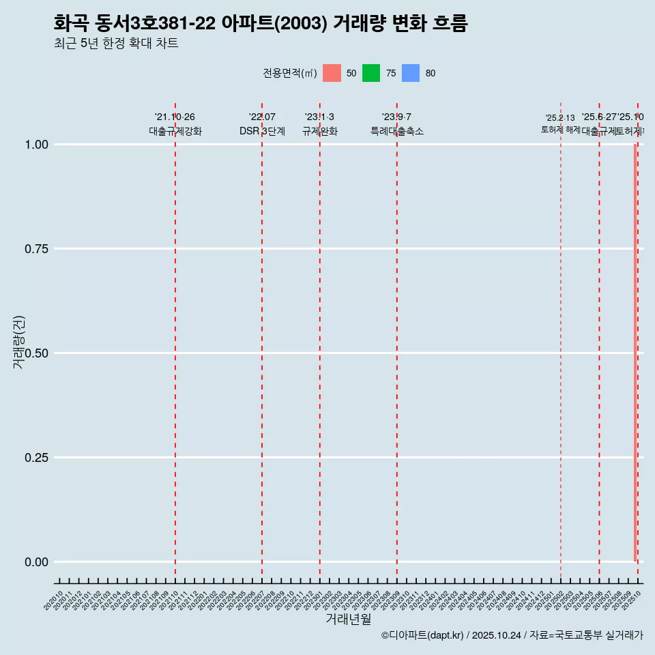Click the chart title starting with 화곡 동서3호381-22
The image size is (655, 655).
260,24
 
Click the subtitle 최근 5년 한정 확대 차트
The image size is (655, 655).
116,44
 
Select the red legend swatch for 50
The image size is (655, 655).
332,73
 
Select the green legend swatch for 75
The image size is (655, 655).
371,73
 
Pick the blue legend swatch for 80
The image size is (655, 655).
411,73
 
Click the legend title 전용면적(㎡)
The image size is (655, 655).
289,73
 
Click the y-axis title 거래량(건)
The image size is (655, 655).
19,343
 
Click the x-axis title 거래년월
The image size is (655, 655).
348,619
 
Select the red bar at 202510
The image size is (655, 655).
635,353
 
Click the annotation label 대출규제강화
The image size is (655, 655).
175,131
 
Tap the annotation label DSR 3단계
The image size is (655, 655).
262,131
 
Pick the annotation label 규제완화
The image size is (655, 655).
320,131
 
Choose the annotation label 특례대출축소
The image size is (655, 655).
397,131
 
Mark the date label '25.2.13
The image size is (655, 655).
560,118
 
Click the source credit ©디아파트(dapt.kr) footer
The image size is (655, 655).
512,635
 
